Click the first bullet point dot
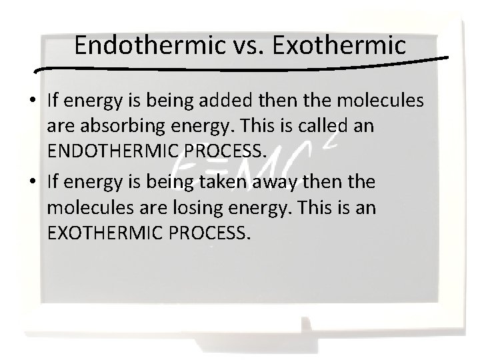coord(33,102)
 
